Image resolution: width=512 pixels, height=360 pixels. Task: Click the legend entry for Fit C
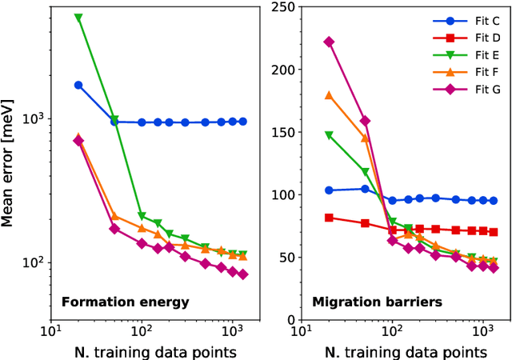pyautogui.click(x=470, y=22)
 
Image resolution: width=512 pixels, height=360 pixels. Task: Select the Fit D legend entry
pyautogui.click(x=470, y=38)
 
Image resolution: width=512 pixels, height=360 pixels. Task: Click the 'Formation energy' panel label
pyautogui.click(x=126, y=302)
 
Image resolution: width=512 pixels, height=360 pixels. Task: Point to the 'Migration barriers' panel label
pyautogui.click(x=367, y=302)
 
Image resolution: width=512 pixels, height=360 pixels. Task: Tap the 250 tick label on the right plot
pyautogui.click(x=282, y=8)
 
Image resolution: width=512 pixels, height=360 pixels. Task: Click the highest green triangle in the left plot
pyautogui.click(x=78, y=17)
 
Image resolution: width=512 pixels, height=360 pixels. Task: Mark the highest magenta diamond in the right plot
pyautogui.click(x=329, y=42)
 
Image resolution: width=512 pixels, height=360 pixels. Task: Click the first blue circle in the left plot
pyautogui.click(x=78, y=85)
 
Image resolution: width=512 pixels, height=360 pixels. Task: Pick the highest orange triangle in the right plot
pyautogui.click(x=329, y=95)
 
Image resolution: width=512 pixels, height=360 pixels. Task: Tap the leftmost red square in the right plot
pyautogui.click(x=329, y=218)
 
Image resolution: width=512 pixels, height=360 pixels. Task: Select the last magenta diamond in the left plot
pyautogui.click(x=243, y=274)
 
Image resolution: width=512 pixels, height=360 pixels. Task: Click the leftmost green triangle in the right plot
pyautogui.click(x=329, y=136)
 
